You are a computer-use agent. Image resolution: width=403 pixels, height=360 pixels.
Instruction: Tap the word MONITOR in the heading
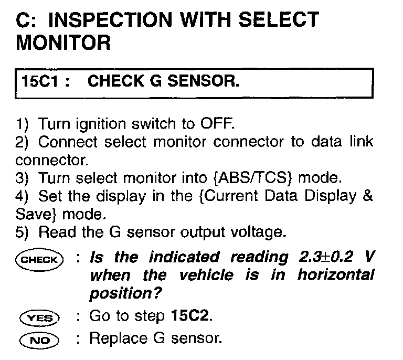click(x=63, y=43)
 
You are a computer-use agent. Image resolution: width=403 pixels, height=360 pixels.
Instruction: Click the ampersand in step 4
click(x=368, y=195)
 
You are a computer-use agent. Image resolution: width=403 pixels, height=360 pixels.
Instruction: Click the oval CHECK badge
click(x=39, y=259)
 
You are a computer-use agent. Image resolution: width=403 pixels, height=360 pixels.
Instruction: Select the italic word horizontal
click(x=336, y=275)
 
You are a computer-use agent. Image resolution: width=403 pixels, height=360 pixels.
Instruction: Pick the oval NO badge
click(x=39, y=340)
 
